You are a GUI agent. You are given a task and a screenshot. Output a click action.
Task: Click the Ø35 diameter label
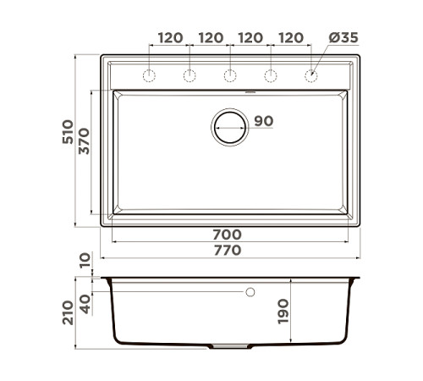point(343,38)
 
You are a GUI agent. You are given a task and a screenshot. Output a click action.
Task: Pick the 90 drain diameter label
point(264,121)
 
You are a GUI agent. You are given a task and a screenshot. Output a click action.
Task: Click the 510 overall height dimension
point(68,132)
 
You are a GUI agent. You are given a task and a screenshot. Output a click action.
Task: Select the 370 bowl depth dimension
point(84,141)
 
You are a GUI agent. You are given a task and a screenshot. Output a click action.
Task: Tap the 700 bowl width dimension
point(228,235)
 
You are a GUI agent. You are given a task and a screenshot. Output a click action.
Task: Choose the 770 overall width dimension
point(228,251)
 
